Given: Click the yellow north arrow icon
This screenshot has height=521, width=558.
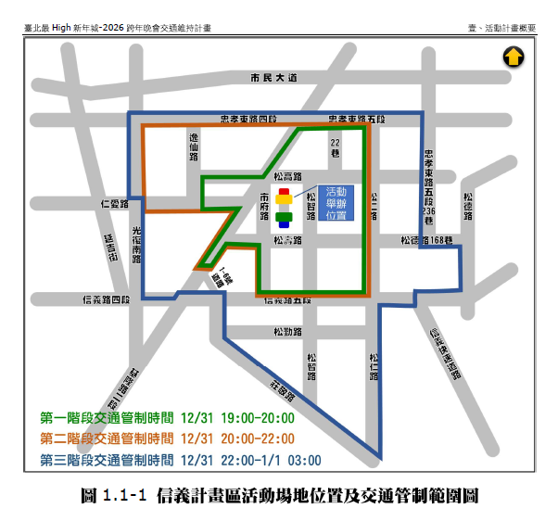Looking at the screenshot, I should click(513, 57).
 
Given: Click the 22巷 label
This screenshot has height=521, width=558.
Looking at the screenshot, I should click(336, 146).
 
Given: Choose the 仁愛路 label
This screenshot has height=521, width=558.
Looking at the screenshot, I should click(113, 202).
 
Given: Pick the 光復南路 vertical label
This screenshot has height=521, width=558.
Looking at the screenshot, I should click(136, 244).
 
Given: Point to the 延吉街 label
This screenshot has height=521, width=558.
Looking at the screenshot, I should click(110, 249).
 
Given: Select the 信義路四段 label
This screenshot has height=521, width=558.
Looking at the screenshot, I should click(108, 299).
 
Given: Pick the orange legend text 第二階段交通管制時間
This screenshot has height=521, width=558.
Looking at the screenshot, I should click(107, 438).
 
